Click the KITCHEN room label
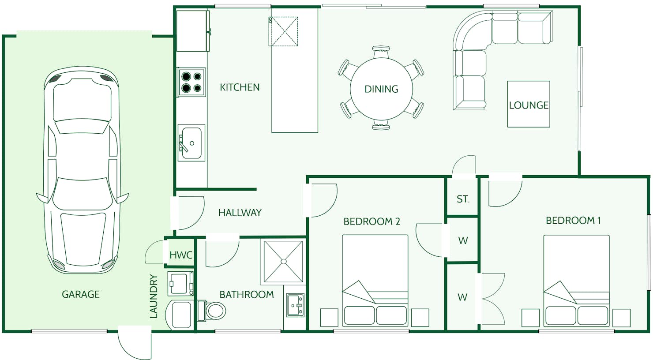(x=240, y=87)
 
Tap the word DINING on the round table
(x=381, y=89)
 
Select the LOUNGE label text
(x=529, y=105)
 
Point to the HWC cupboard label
(x=181, y=255)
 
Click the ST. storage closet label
(x=463, y=199)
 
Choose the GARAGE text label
(x=81, y=294)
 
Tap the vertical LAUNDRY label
(x=154, y=296)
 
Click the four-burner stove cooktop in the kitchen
(x=191, y=82)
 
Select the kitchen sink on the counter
(x=191, y=143)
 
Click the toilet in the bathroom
(x=212, y=311)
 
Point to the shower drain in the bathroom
(x=283, y=262)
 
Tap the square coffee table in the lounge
(x=529, y=104)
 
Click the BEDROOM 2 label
(x=372, y=222)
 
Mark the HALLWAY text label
(x=240, y=213)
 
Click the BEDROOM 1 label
(x=573, y=221)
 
